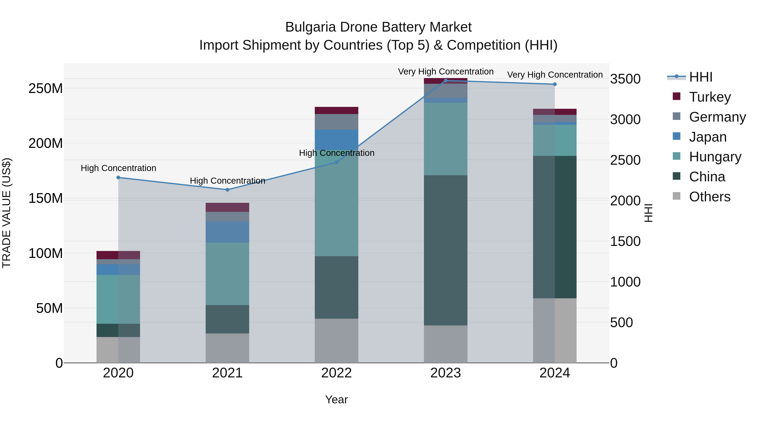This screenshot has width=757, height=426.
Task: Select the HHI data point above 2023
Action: [446, 81]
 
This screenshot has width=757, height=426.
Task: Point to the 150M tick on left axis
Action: [46, 198]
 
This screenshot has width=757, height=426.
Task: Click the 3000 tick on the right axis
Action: [625, 120]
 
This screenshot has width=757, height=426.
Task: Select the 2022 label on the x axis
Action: [336, 373]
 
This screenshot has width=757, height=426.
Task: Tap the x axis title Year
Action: [336, 399]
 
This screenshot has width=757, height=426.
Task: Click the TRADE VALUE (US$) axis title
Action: [7, 213]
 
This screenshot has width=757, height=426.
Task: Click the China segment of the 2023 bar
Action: [446, 250]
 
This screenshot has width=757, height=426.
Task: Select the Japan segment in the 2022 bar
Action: [336, 140]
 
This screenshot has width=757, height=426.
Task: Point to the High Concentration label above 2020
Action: [118, 168]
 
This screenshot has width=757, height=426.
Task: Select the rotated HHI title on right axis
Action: [648, 213]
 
